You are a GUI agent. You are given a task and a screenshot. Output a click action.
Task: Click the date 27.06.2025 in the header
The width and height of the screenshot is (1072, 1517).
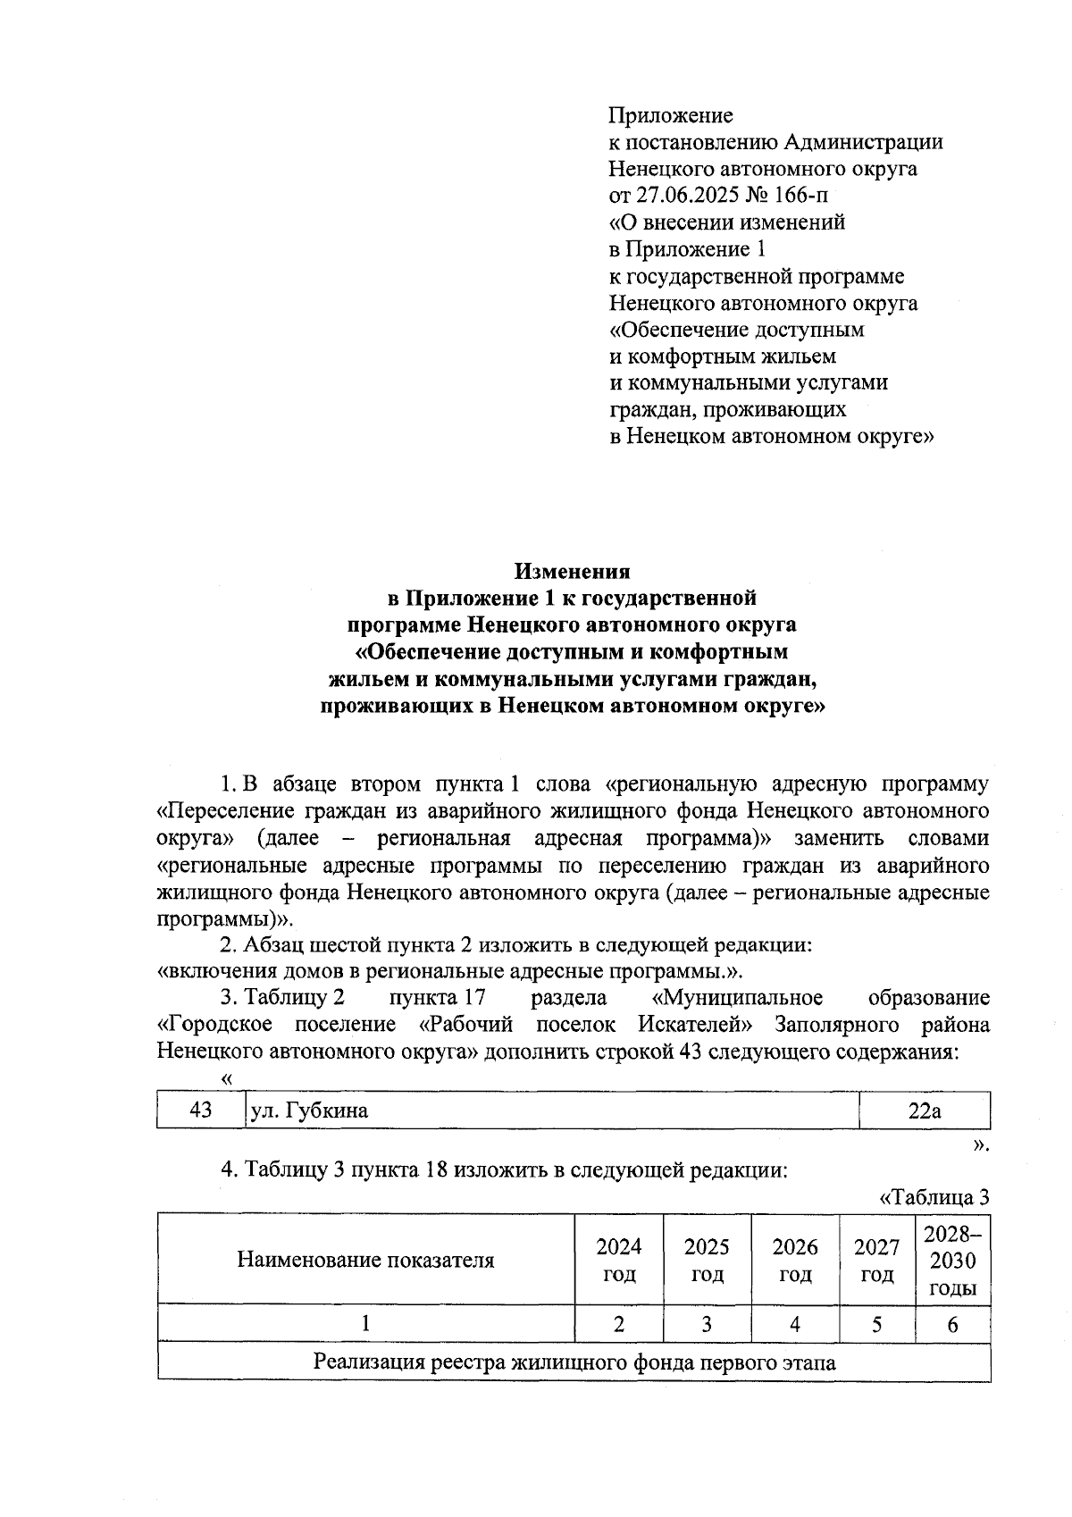click(x=681, y=195)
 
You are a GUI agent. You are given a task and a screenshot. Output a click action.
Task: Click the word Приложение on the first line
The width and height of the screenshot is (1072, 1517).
click(x=671, y=115)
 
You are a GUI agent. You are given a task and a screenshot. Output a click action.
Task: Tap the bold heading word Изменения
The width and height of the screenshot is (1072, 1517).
click(x=572, y=571)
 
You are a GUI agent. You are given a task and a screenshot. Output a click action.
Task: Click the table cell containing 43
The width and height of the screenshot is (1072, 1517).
click(x=201, y=1110)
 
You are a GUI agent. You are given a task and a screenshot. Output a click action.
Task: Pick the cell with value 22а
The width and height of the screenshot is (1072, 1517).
click(x=924, y=1111)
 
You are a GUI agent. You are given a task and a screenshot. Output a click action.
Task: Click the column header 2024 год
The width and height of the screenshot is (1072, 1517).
click(x=618, y=1260)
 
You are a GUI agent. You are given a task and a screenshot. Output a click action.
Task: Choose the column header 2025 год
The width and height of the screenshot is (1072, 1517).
click(x=707, y=1260)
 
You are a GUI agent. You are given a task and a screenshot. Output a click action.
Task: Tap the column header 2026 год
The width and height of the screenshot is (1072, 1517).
click(x=795, y=1260)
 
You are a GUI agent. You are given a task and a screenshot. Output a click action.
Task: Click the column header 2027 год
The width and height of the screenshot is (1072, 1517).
click(x=876, y=1260)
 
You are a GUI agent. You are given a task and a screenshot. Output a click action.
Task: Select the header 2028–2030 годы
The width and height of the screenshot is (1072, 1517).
click(x=952, y=1261)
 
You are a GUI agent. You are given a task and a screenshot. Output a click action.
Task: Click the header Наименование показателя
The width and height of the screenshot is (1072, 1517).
click(x=365, y=1260)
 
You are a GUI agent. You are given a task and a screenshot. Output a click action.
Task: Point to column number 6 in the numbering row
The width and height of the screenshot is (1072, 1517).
click(x=952, y=1324)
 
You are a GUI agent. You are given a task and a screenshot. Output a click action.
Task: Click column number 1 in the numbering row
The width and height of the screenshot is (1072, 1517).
click(x=365, y=1324)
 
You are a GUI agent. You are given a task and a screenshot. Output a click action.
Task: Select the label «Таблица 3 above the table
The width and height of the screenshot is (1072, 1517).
click(x=934, y=1198)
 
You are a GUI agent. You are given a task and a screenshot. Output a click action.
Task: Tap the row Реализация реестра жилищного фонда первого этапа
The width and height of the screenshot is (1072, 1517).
click(x=574, y=1362)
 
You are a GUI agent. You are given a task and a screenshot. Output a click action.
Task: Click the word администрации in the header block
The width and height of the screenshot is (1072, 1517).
click(x=863, y=142)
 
